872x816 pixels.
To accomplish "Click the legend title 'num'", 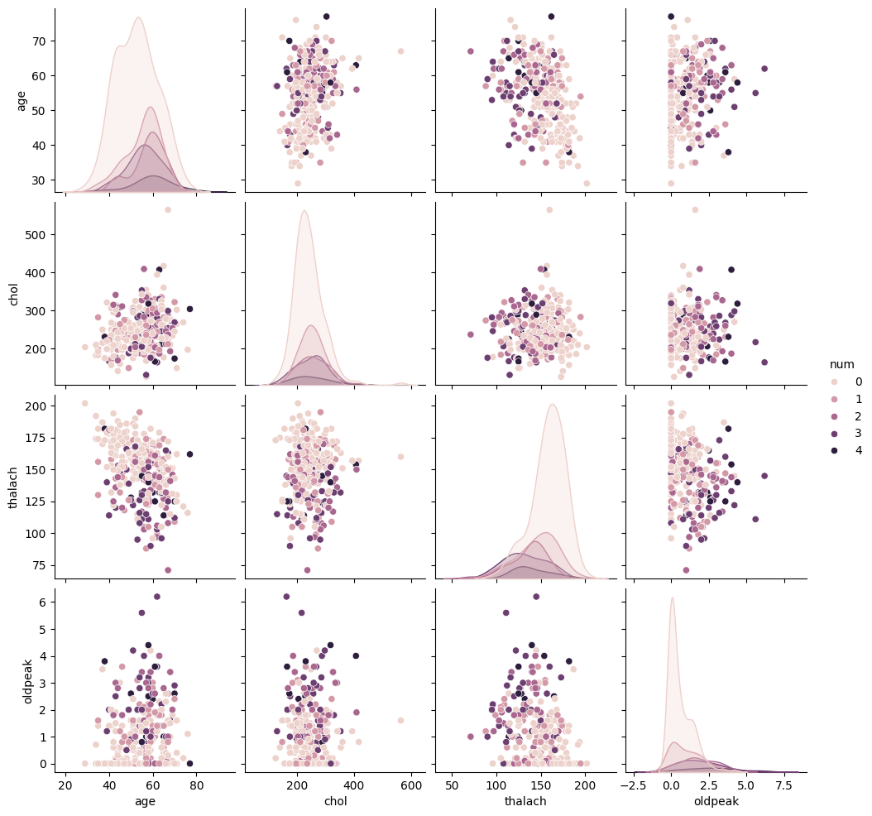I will point(842,364).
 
